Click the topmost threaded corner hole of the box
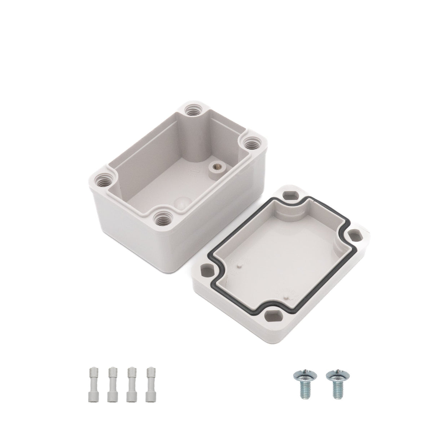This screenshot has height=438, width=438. (x=192, y=110)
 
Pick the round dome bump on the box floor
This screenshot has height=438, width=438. (x=179, y=203)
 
